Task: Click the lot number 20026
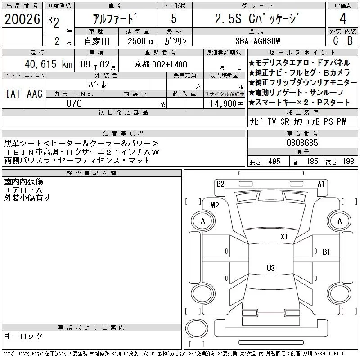click(22, 19)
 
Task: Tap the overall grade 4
click(343, 18)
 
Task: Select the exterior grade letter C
click(335, 40)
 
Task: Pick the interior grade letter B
click(350, 40)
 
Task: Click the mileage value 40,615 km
click(49, 64)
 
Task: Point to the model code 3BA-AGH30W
click(258, 41)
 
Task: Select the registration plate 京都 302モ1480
click(161, 64)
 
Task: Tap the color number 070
click(74, 103)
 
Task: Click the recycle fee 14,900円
click(226, 104)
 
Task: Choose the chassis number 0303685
click(302, 143)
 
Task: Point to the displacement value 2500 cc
click(141, 41)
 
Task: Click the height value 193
click(348, 162)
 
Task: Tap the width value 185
click(312, 162)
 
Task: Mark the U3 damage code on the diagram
click(271, 268)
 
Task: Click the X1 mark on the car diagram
click(284, 237)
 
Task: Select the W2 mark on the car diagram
click(215, 205)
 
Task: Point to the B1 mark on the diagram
click(326, 252)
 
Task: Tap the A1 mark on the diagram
click(321, 184)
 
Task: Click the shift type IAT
click(13, 94)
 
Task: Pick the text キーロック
click(23, 336)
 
